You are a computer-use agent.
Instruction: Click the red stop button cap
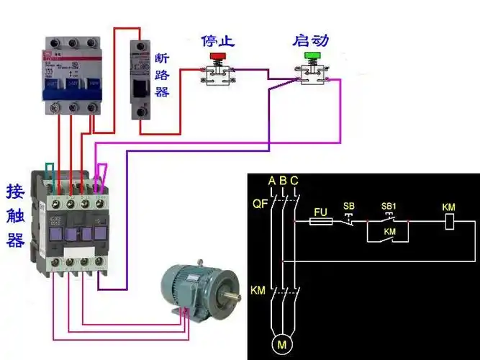216,55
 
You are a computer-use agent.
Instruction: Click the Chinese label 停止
217,40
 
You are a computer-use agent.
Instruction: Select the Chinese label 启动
310,40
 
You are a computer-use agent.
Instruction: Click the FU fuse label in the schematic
322,213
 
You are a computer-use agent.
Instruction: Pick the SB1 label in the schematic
389,207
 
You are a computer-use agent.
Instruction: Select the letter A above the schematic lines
272,180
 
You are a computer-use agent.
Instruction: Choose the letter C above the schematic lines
294,180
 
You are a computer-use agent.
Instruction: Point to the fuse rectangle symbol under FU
320,223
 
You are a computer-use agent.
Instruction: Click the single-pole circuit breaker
140,79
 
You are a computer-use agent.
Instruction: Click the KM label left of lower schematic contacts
258,289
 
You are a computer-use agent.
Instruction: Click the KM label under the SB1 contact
389,232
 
